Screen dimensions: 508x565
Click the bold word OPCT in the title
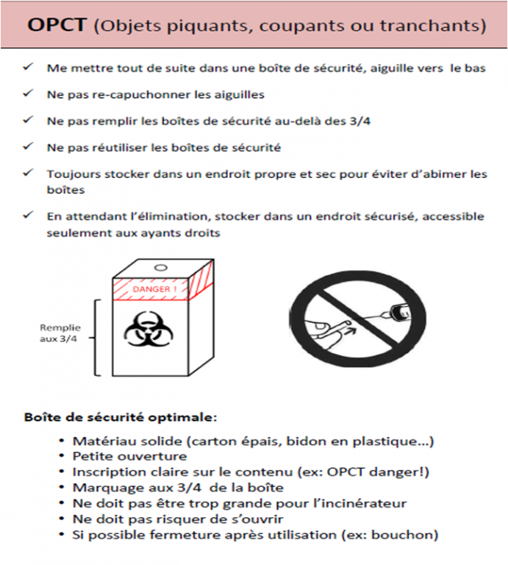(57, 25)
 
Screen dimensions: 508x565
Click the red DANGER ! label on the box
(155, 289)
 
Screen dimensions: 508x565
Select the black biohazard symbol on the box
(149, 329)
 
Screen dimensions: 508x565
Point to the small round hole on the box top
(161, 268)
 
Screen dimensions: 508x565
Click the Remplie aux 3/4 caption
(60, 333)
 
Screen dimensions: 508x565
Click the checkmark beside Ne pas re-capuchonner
(28, 93)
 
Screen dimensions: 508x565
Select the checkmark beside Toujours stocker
(28, 173)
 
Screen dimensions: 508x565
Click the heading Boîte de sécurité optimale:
(121, 417)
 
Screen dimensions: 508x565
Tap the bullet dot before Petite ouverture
(62, 456)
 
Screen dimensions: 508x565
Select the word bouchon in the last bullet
(402, 535)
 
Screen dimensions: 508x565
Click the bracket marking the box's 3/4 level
(96, 338)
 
